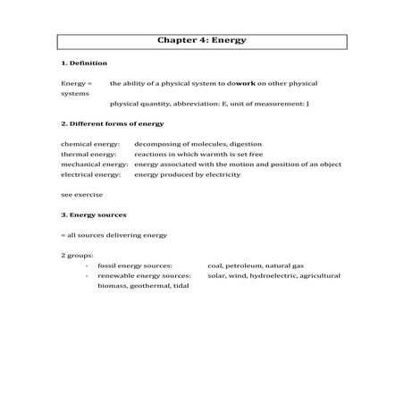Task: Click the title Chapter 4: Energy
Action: click(x=202, y=40)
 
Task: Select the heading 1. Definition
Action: click(x=84, y=63)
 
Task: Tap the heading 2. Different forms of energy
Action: click(x=113, y=122)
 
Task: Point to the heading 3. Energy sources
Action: click(x=94, y=215)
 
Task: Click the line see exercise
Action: click(x=81, y=195)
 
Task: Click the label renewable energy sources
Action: click(x=144, y=276)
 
